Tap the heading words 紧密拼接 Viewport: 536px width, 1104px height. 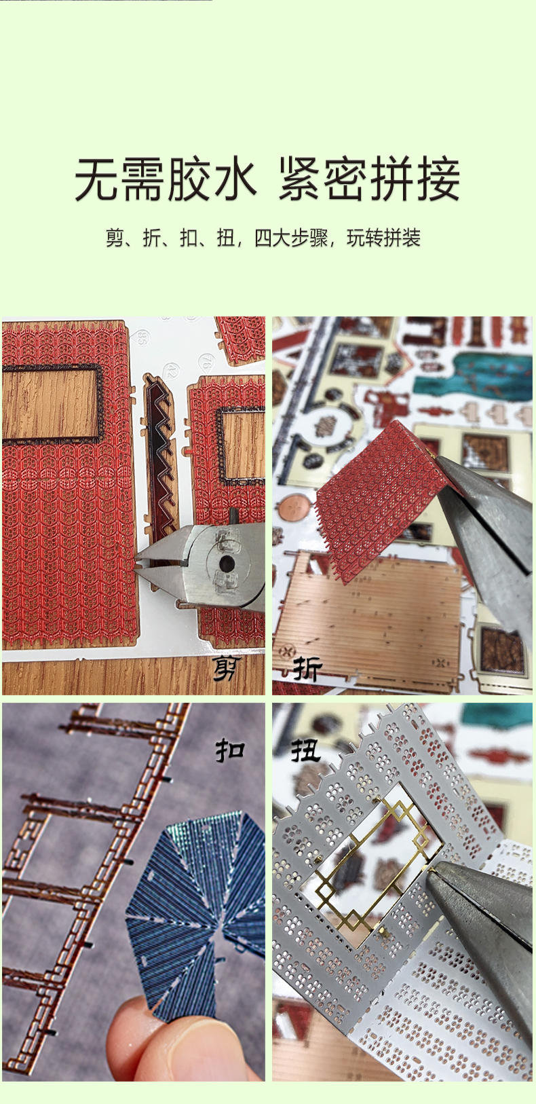(x=370, y=179)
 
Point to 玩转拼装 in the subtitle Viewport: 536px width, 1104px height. (x=384, y=238)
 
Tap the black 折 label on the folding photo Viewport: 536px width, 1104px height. (x=307, y=669)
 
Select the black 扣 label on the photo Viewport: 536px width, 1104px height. (x=230, y=750)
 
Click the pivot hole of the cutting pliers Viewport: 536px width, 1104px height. (x=227, y=561)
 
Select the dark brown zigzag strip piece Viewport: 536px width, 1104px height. (x=159, y=454)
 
